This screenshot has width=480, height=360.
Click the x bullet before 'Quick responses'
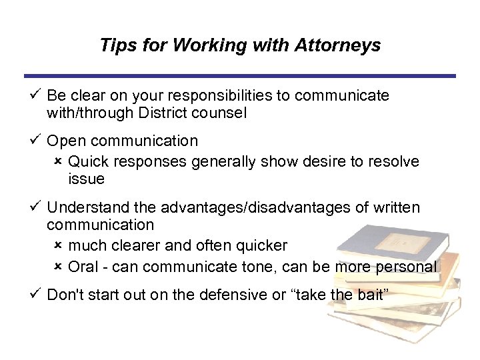tap(58, 161)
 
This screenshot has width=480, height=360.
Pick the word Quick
tap(88, 162)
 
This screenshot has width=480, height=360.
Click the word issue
tap(87, 179)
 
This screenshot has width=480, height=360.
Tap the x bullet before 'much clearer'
tap(58, 245)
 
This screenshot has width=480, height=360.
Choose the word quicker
tap(263, 246)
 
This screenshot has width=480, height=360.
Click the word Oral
tap(83, 267)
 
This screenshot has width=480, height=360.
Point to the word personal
tap(405, 267)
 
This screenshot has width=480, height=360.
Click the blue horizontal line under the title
tap(240, 76)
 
